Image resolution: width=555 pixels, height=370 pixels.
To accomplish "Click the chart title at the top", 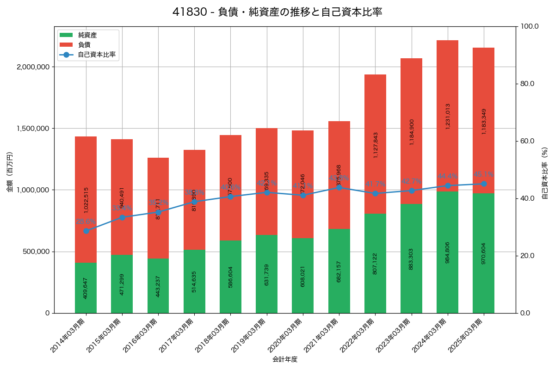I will pyautogui.click(x=277, y=12).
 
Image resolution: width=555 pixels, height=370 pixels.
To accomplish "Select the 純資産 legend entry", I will pyautogui.click(x=87, y=35).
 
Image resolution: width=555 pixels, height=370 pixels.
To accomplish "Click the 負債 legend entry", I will pyautogui.click(x=84, y=45).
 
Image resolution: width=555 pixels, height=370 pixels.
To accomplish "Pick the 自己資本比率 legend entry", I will pyautogui.click(x=97, y=55).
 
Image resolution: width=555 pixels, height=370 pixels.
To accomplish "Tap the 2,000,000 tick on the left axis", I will pyautogui.click(x=33, y=67).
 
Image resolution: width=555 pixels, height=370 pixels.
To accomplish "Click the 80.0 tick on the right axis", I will pyautogui.click(x=527, y=84).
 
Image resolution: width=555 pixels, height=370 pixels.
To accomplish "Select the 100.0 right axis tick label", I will pyautogui.click(x=529, y=26).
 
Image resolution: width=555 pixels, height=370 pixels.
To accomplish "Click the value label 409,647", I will pyautogui.click(x=86, y=288).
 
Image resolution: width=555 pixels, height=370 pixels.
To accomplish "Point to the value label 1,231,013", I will pyautogui.click(x=448, y=116).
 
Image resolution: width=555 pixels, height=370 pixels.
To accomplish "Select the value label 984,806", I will pyautogui.click(x=448, y=253).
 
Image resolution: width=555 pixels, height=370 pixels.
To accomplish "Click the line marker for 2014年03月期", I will pyautogui.click(x=86, y=231).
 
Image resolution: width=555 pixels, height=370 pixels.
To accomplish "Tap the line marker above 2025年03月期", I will pyautogui.click(x=484, y=184).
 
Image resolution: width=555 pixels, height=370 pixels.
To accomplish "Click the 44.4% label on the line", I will pyautogui.click(x=448, y=176).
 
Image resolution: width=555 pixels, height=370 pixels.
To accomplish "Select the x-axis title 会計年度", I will pyautogui.click(x=284, y=359).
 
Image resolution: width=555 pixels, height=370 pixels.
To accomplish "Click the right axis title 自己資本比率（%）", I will pyautogui.click(x=545, y=173).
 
